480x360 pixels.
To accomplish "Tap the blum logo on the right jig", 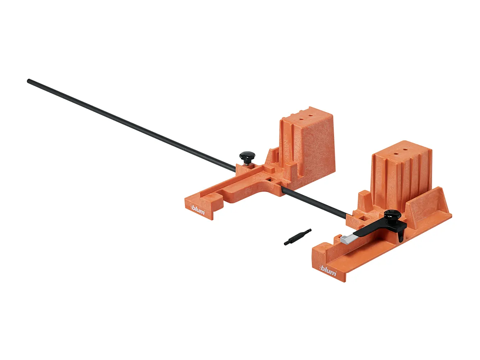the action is pos(327,272).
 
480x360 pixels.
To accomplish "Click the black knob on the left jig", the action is pos(247,156).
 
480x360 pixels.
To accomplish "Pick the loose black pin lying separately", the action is pos(298,237).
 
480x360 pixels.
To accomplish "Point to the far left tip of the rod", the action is pos(28,81).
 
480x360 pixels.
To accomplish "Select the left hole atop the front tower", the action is pos(395,153).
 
